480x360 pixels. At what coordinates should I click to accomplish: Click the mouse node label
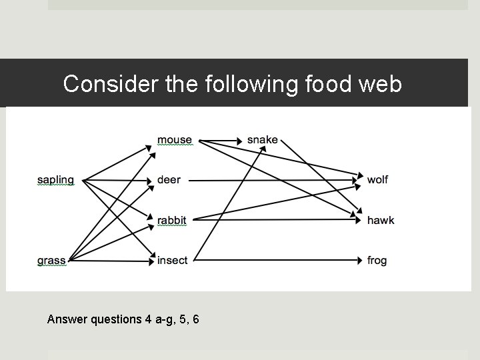click(174, 140)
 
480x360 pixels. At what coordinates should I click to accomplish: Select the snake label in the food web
click(262, 140)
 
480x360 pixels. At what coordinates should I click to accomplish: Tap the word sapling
click(55, 180)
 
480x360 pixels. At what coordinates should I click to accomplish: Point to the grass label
click(51, 261)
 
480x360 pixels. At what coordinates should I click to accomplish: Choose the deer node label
click(169, 180)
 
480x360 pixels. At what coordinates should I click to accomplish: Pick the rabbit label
click(171, 221)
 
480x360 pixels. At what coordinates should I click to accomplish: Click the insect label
click(172, 261)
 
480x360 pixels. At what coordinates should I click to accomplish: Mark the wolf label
click(377, 180)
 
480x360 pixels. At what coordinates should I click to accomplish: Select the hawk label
click(381, 221)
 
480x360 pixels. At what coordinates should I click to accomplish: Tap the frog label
click(377, 261)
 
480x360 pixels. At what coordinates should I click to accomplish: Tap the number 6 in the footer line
click(195, 319)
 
